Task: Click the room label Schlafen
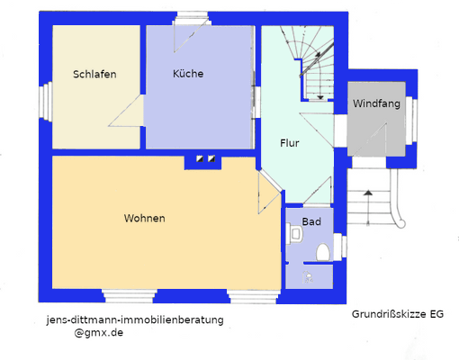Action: coord(94,75)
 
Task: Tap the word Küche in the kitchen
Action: coord(188,74)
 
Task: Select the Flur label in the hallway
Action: coord(289,143)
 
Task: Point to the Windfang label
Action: coord(376,103)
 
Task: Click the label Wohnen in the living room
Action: coord(144,218)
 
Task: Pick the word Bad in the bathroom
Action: coord(310,221)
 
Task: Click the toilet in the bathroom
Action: coord(322,253)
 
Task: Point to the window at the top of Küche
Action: coord(191,17)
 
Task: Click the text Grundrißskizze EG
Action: coord(398,315)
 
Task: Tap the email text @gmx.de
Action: coord(100,332)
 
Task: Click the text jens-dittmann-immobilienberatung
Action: coord(134,319)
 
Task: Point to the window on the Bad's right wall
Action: coord(338,241)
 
